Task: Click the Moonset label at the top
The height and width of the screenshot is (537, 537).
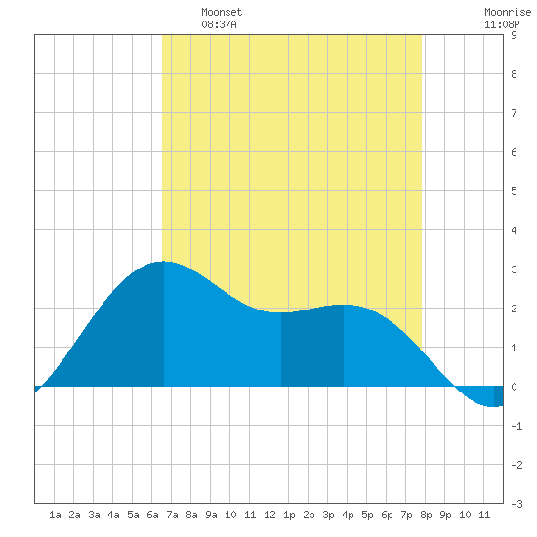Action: coord(222,12)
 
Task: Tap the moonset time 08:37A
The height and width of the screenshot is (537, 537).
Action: coord(219,24)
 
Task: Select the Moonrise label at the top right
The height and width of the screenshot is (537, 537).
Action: coord(508,12)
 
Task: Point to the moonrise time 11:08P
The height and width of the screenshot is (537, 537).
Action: coord(502,24)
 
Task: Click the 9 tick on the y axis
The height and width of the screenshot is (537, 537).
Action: coord(514,35)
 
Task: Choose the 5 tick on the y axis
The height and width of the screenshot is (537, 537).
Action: coord(514,191)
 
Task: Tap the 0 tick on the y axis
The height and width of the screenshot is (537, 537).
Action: coord(514,387)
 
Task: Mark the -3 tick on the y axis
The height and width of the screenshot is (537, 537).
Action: coord(516,504)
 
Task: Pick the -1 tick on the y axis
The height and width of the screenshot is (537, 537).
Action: coord(516,426)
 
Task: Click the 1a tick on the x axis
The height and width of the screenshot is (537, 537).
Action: coord(55,515)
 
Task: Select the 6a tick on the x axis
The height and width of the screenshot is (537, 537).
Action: coord(152,515)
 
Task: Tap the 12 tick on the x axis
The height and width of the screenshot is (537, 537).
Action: coord(269,515)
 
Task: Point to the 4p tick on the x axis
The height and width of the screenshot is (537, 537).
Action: coord(348,515)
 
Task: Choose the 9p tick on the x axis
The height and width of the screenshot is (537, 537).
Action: coord(445,515)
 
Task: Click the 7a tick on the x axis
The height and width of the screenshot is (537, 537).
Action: coord(172,515)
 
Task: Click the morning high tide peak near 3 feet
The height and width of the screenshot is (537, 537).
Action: coord(164,262)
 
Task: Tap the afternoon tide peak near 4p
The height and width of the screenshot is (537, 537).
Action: coord(344,305)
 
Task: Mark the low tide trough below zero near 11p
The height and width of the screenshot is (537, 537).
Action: coord(493,406)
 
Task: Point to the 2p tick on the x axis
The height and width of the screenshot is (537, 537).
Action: coord(309,515)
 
